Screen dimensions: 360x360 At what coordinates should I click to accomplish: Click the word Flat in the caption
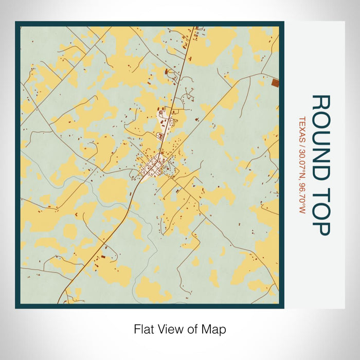tap(143, 329)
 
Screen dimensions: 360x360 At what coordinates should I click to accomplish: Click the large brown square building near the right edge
tap(275, 82)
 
